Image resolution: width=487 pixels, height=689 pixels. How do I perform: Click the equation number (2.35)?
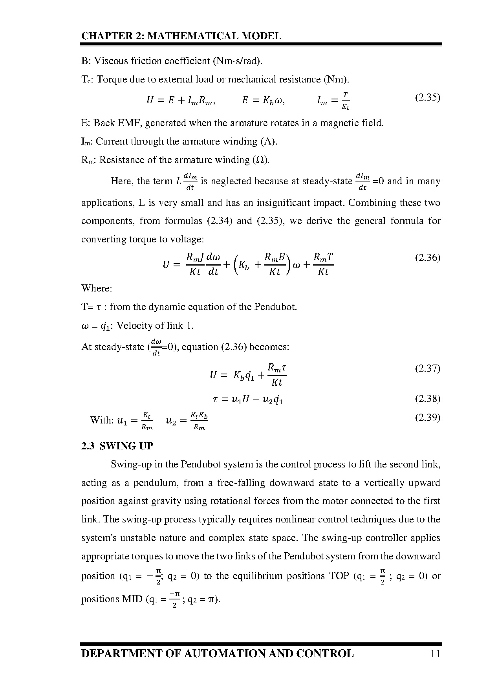[428, 97]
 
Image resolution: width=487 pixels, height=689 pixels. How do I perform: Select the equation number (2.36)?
[428, 258]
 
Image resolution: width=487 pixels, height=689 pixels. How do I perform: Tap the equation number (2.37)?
[428, 368]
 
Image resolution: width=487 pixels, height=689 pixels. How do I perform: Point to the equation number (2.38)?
[428, 399]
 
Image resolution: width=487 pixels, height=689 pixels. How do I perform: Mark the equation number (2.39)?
[428, 417]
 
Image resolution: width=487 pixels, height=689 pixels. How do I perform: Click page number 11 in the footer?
[435, 654]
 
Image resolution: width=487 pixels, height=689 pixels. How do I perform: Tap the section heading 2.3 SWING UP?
[117, 446]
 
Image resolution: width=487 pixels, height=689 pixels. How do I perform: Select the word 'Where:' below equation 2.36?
[97, 288]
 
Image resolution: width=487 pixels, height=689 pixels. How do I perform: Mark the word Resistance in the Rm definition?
[119, 160]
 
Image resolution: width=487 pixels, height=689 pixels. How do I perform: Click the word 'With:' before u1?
[102, 420]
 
